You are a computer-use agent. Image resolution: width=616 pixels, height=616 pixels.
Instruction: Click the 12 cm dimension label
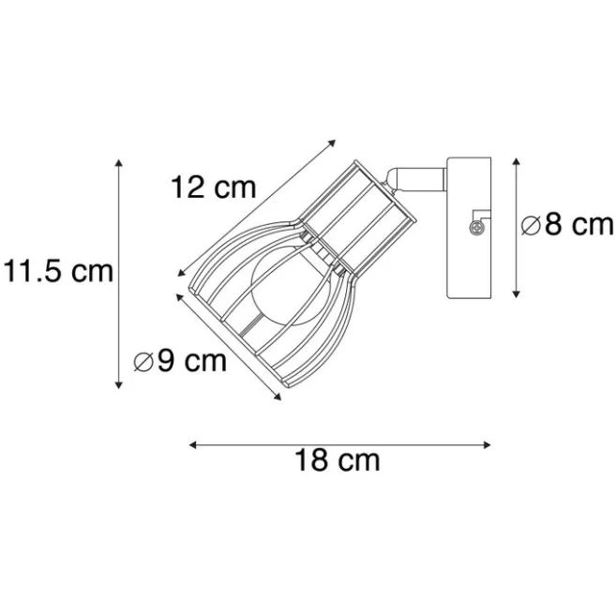point(214,188)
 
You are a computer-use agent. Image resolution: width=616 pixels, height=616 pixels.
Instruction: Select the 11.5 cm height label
point(58,271)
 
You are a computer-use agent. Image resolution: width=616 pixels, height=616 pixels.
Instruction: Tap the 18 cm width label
point(338,460)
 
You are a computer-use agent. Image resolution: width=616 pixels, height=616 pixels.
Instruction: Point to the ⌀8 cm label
point(567,225)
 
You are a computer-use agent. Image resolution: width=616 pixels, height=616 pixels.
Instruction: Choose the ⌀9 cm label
point(180,360)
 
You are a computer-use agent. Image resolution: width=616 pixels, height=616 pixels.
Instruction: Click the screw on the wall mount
point(477,227)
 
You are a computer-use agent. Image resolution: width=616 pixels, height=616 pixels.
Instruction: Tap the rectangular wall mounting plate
point(469,228)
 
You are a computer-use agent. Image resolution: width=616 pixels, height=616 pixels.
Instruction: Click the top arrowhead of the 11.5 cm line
point(119,162)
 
